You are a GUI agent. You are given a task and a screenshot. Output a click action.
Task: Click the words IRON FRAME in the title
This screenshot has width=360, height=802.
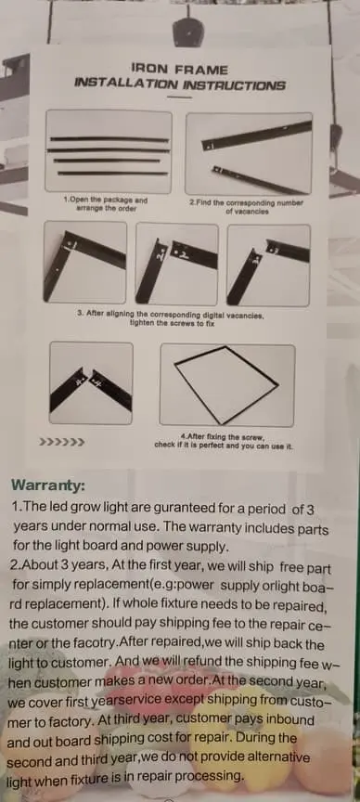point(179,70)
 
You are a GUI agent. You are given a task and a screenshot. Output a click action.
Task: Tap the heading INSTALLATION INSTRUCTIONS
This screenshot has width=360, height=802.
point(179,84)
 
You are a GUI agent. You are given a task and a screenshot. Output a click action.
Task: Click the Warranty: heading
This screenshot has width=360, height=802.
point(48,485)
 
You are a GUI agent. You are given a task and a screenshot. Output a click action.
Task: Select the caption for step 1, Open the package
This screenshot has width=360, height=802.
point(106,204)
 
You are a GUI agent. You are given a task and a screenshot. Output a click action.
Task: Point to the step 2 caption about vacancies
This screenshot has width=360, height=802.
point(247,206)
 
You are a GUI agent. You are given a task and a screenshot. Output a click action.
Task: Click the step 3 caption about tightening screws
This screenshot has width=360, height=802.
point(172,319)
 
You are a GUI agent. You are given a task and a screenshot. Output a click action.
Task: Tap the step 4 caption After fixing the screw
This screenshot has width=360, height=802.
point(224,442)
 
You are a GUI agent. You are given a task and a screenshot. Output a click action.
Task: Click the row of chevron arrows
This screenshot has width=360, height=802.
point(62,442)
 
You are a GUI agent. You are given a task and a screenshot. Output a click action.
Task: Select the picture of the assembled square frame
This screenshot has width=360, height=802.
point(227,384)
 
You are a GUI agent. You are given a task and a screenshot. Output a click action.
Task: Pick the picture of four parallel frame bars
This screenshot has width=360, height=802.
point(109,151)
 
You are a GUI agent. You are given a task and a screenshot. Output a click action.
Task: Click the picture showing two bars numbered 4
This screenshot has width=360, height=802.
point(91,383)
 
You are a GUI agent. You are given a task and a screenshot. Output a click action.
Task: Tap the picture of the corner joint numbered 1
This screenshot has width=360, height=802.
point(84,263)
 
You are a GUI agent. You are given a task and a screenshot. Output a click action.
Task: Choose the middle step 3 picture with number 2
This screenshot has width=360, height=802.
point(177,264)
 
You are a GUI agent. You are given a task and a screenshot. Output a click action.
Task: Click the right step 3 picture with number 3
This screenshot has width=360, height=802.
point(268,265)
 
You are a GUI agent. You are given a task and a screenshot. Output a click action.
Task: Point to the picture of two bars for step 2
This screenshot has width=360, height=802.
point(249,153)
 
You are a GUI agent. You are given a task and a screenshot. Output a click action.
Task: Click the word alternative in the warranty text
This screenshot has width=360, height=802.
point(275,757)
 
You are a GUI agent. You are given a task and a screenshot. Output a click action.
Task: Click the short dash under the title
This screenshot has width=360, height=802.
point(179,97)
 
